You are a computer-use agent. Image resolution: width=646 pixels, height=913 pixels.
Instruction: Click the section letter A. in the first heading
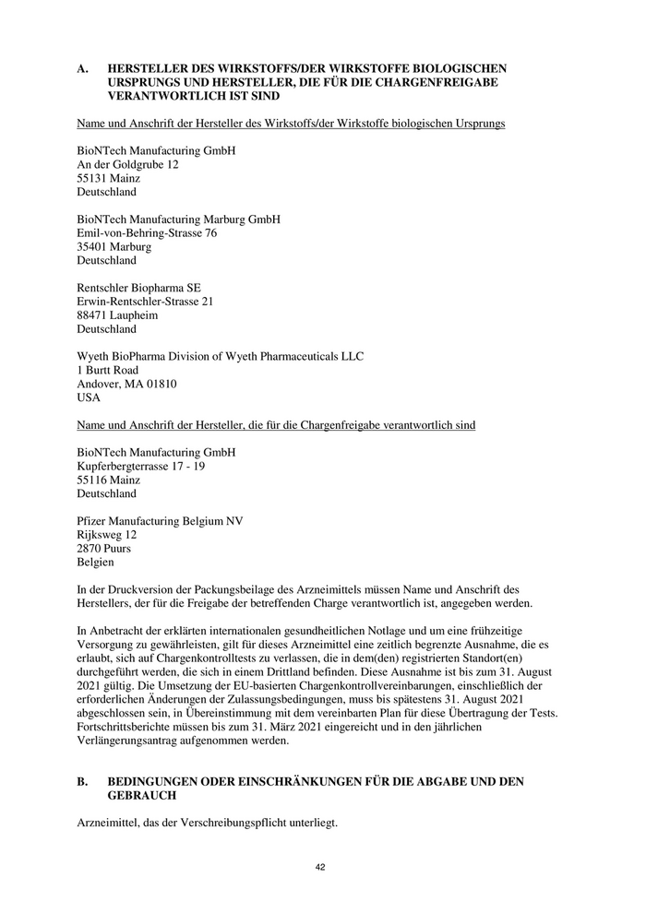click(x=83, y=68)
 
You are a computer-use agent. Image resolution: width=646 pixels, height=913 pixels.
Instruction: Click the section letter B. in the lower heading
click(x=83, y=781)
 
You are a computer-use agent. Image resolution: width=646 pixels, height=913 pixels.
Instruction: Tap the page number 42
click(x=320, y=867)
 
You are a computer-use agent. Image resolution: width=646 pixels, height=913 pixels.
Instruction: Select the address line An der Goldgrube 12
click(x=127, y=164)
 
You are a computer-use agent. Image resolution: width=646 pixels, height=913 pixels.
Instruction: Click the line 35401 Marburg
click(x=114, y=247)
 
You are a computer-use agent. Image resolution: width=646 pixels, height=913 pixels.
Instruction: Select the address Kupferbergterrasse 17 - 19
click(x=140, y=467)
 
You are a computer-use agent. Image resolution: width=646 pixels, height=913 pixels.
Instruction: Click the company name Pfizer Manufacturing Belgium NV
click(x=160, y=521)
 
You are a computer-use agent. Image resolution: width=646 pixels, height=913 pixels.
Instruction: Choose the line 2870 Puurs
click(x=103, y=548)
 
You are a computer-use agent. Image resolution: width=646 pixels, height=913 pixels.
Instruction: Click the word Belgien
click(x=96, y=562)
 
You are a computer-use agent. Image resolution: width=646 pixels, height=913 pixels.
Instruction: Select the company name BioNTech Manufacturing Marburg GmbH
click(x=178, y=219)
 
